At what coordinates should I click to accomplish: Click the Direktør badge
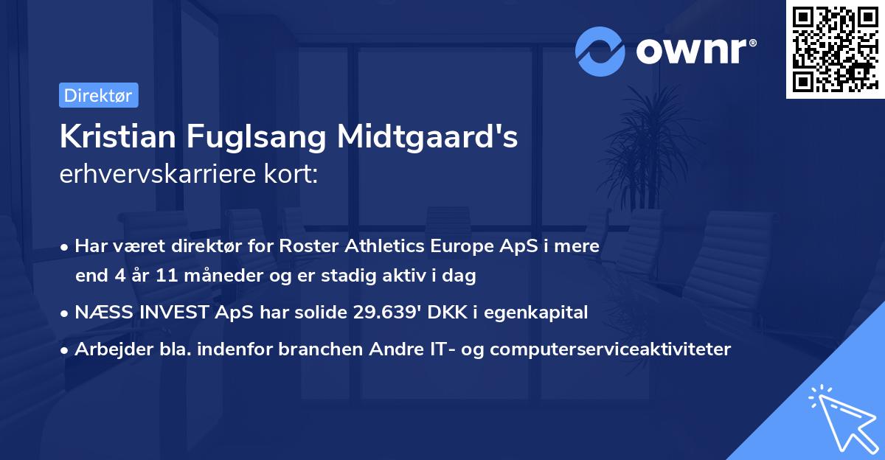point(98,95)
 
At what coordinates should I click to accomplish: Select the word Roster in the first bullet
point(305,245)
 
